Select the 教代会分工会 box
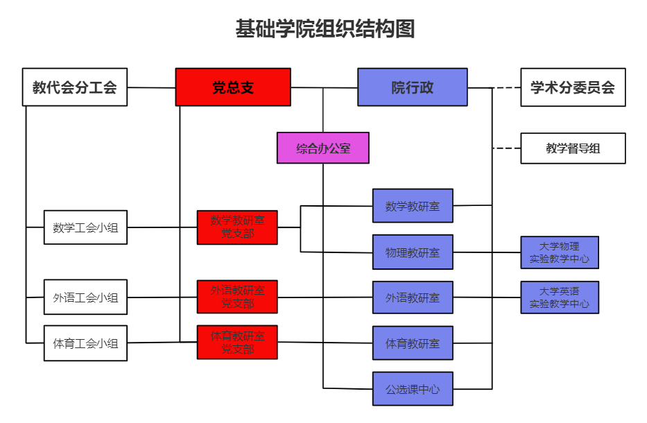pyautogui.click(x=75, y=87)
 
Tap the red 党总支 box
pyautogui.click(x=232, y=87)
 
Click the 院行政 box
pyautogui.click(x=412, y=87)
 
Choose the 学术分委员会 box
pyautogui.click(x=573, y=87)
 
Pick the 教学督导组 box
pyautogui.click(x=573, y=148)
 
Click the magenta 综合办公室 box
pyautogui.click(x=322, y=148)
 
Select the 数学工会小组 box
pyautogui.click(x=85, y=227)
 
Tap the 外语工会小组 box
pyautogui.click(x=85, y=298)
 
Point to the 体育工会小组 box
pyautogui.click(x=85, y=343)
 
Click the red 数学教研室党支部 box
pyautogui.click(x=237, y=227)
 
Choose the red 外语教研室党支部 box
pyautogui.click(x=237, y=297)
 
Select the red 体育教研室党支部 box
pyautogui.click(x=237, y=343)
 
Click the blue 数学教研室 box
pyautogui.click(x=413, y=206)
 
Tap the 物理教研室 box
pyautogui.click(x=413, y=252)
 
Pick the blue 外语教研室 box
pyautogui.click(x=413, y=297)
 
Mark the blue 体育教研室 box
pyautogui.click(x=413, y=343)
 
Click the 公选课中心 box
pyautogui.click(x=413, y=389)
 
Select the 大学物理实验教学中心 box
pyautogui.click(x=560, y=252)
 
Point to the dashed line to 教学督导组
pyautogui.click(x=507, y=148)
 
